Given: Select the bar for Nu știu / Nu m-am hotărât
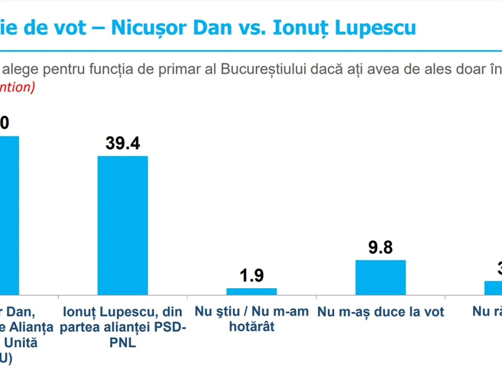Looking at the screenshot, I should [251, 292].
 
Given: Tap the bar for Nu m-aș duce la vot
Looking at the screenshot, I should [380, 277].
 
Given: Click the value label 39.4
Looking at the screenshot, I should [123, 143].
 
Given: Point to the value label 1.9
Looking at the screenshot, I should [251, 276].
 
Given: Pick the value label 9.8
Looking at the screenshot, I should [380, 248].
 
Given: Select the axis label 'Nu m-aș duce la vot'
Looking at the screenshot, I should [380, 312].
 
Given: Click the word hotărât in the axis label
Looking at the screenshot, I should [251, 326].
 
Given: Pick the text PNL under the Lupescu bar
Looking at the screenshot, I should [123, 342].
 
